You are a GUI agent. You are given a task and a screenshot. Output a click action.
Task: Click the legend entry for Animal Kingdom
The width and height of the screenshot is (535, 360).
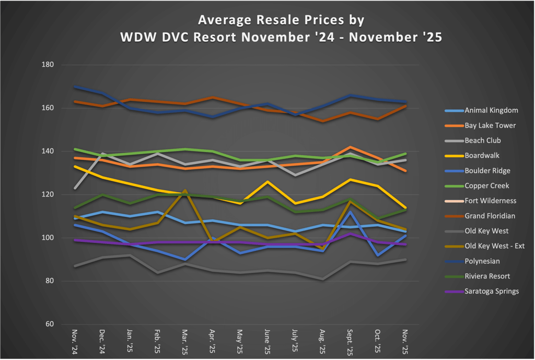[491, 110]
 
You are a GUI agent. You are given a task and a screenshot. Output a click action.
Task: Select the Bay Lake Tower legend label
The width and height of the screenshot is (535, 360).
[490, 125]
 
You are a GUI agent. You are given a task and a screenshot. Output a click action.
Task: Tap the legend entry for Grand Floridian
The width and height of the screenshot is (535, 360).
[490, 216]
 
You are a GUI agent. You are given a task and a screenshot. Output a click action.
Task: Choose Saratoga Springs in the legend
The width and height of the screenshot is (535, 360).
[492, 291]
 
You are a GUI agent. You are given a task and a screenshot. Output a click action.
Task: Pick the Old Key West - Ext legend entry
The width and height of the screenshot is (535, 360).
[494, 246]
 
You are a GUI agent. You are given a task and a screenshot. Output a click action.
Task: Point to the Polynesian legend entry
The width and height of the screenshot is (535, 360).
[482, 261]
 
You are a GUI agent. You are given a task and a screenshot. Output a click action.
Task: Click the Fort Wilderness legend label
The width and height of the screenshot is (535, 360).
[490, 201]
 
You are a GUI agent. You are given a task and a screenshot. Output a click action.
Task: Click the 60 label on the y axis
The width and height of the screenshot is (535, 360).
[50, 324]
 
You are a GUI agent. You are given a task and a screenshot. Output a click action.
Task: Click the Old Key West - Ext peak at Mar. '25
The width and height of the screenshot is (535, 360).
[184, 191]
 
